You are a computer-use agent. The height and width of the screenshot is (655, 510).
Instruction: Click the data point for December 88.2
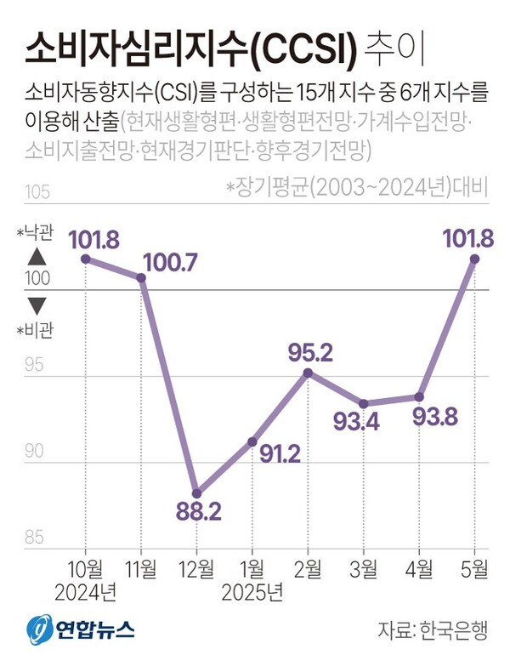(x=196, y=493)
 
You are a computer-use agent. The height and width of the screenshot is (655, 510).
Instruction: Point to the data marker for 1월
(x=252, y=441)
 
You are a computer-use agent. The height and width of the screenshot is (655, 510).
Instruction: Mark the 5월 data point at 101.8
(x=475, y=258)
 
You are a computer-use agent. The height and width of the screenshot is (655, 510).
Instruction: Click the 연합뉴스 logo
(x=82, y=629)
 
